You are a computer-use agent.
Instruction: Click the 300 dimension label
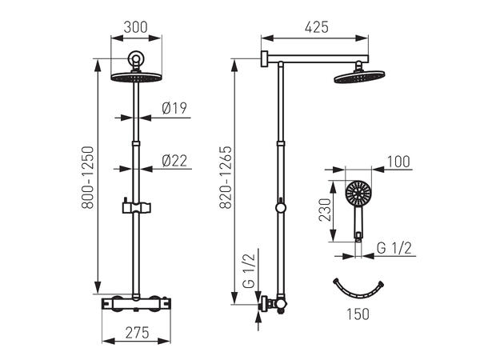tap(136, 27)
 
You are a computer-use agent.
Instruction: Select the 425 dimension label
tap(317, 27)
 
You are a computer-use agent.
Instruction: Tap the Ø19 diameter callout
tap(174, 108)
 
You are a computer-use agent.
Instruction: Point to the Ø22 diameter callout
tap(174, 161)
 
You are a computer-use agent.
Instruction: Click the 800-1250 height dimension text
tap(87, 178)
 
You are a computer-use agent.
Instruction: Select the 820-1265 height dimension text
tap(226, 178)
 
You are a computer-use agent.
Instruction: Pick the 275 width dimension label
tap(138, 334)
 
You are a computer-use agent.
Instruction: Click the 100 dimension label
tap(398, 162)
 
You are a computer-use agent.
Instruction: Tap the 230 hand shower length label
tap(326, 210)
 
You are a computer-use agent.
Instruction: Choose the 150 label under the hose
tap(358, 314)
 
